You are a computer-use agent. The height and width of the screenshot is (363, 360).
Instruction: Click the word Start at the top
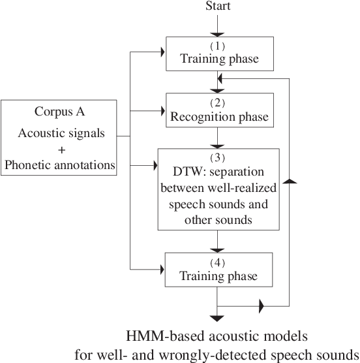tap(218, 7)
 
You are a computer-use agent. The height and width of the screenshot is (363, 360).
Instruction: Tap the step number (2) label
tap(218, 103)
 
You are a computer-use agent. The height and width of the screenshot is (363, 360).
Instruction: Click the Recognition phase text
tap(218, 118)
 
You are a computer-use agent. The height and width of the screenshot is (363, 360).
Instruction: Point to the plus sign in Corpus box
tap(59, 150)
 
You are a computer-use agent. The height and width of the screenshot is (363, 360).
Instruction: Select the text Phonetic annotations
tap(59, 166)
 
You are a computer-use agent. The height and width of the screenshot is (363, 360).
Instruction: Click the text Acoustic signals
tap(59, 134)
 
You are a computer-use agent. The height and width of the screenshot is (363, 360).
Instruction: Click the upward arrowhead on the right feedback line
tap(288, 180)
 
